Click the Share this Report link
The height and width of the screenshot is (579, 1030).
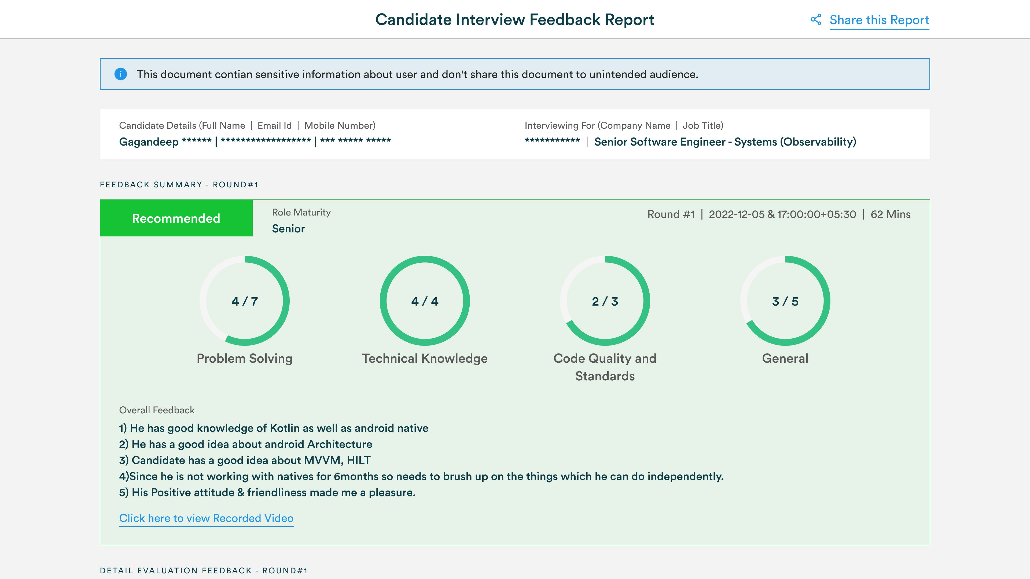pos(879,20)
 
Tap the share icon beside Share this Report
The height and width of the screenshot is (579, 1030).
pos(816,20)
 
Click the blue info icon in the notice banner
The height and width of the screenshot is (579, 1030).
pos(120,74)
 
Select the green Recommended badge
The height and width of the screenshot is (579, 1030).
pos(176,218)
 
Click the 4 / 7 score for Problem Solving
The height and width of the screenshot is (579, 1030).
pos(245,301)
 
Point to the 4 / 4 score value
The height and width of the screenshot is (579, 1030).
pos(425,301)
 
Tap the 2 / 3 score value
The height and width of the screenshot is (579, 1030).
pos(605,301)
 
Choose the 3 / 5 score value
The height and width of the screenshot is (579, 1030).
pos(785,301)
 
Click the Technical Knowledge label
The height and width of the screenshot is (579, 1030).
pos(425,358)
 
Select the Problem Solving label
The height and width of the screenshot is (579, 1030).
pos(245,358)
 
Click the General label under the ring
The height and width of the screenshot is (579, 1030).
pos(785,358)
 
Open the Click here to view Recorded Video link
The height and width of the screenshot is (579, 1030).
pos(206,518)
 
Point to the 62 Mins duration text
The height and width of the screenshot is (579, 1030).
pos(891,214)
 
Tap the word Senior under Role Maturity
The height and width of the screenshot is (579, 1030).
pos(288,229)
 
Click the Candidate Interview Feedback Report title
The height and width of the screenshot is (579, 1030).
pos(515,20)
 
